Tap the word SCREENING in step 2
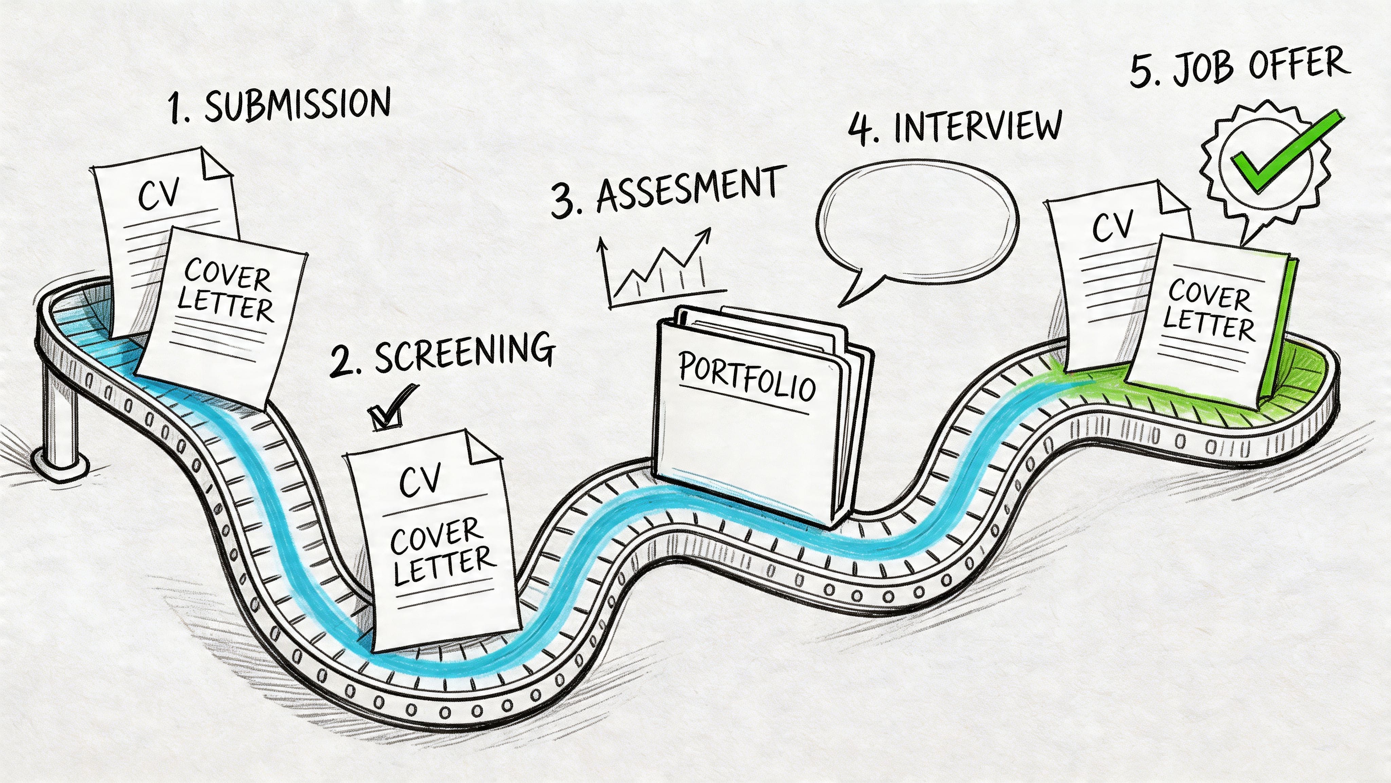(464, 352)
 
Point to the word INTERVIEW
(977, 127)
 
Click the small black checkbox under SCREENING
(384, 416)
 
